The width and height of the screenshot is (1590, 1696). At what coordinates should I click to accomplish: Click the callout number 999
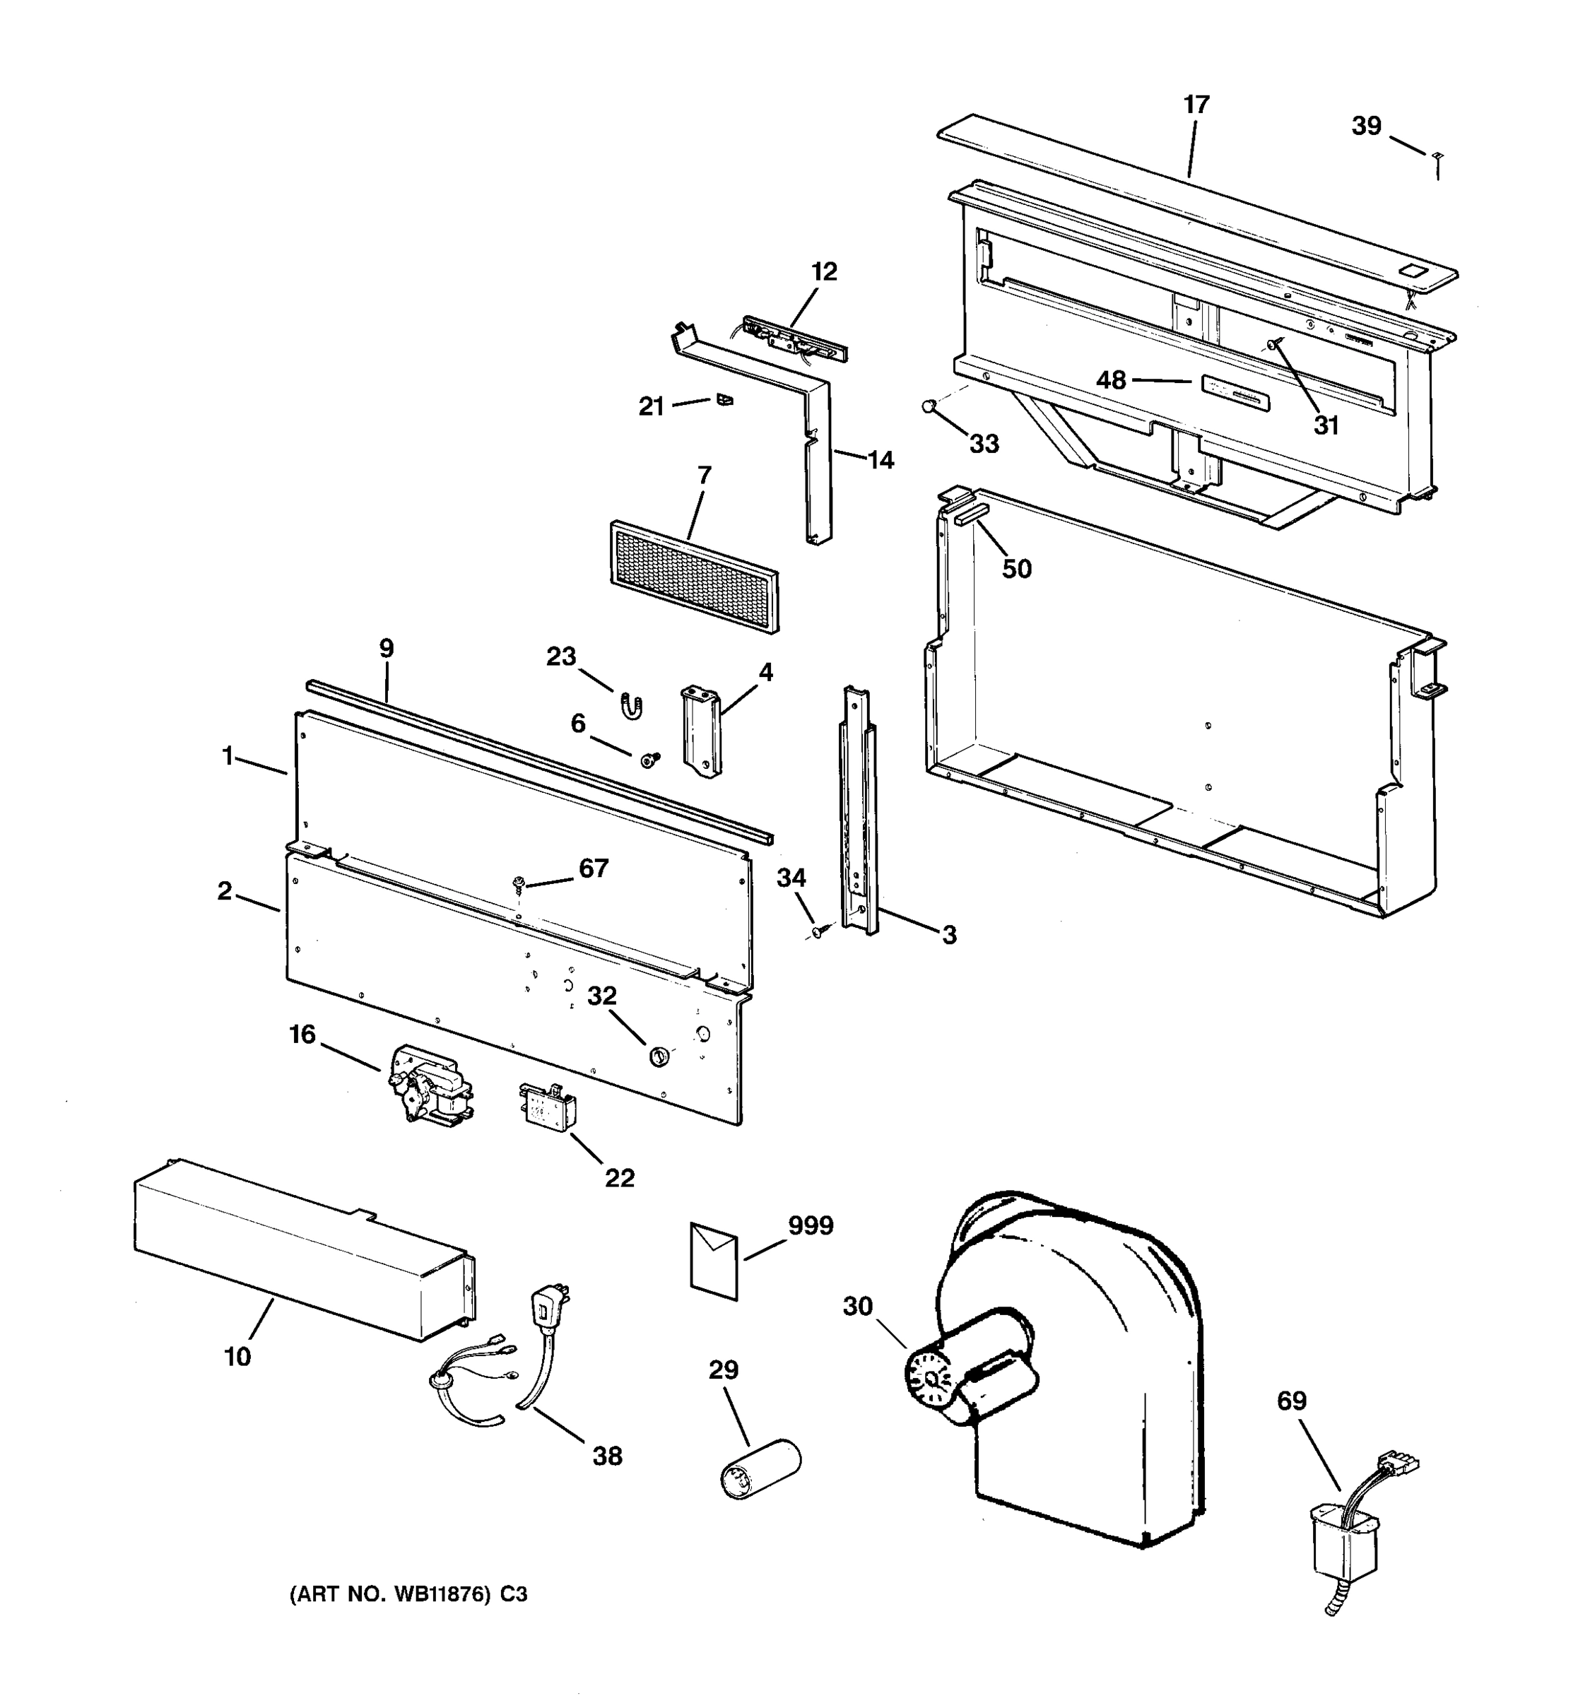point(810,1226)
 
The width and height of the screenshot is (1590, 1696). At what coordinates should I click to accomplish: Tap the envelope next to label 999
point(713,1260)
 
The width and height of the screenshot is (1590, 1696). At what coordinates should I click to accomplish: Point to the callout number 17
point(1196,105)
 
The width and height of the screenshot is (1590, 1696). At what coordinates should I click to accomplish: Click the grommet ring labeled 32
point(659,1058)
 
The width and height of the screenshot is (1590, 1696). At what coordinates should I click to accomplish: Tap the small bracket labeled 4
point(700,731)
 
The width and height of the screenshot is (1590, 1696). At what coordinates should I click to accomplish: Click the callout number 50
point(1016,568)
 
